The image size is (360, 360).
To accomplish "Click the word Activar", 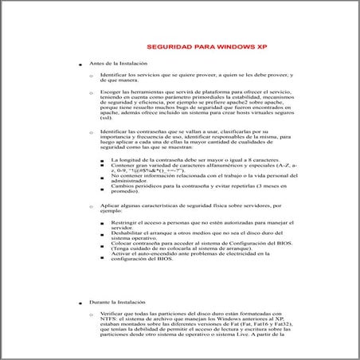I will (x=123, y=252).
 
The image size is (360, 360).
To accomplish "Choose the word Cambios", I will (x=124, y=185).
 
